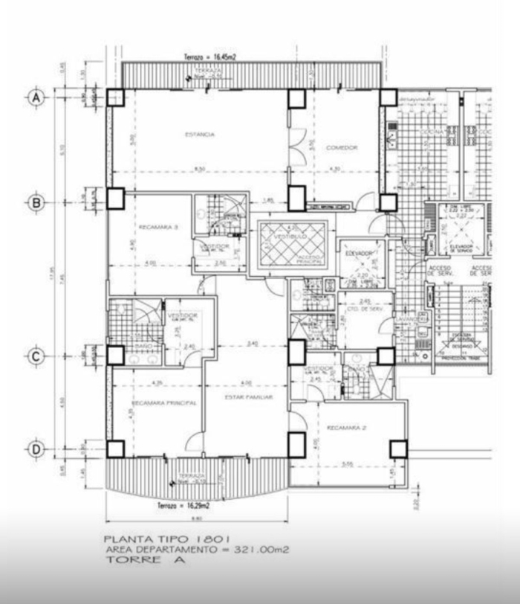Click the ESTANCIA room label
pos(199,135)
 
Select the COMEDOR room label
pos(342,148)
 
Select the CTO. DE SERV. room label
pos(365,309)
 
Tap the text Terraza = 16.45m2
pos(210,57)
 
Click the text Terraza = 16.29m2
pos(183,506)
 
